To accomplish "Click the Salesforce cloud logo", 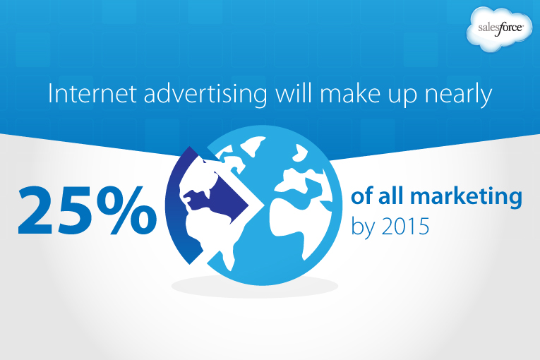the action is (x=499, y=29).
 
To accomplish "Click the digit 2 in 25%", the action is (x=37, y=210).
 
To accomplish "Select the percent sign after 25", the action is (x=126, y=211).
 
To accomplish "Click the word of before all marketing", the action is (x=361, y=196).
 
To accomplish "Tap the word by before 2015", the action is (x=363, y=228).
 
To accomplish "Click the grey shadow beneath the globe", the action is (x=255, y=287).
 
